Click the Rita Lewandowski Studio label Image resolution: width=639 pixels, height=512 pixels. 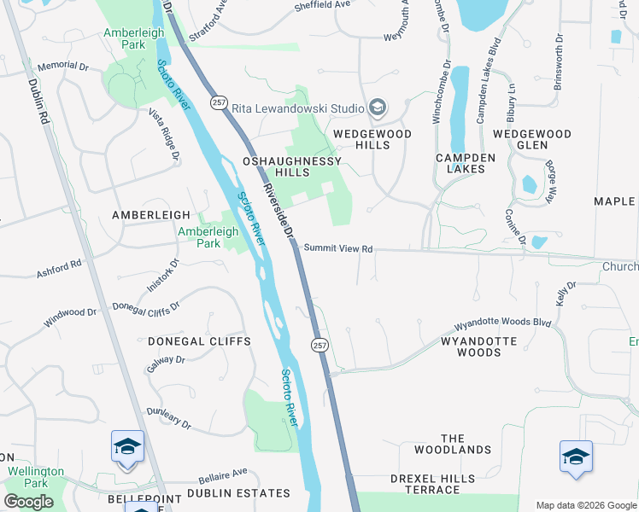306,108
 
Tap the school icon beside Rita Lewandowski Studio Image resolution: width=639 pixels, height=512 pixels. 378,108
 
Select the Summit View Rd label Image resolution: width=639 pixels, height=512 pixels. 338,249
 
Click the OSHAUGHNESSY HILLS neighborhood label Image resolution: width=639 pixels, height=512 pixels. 292,166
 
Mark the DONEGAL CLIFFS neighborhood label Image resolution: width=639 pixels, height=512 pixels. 199,341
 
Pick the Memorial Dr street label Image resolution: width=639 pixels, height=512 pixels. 64,66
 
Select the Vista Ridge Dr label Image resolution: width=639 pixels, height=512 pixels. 164,135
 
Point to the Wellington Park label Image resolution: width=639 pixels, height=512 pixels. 36,477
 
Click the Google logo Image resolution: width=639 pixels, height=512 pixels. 28,502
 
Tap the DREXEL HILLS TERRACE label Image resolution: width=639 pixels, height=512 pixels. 432,484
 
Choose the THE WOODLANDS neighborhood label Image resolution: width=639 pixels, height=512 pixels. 453,443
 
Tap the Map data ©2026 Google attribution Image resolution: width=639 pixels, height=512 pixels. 586,505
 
